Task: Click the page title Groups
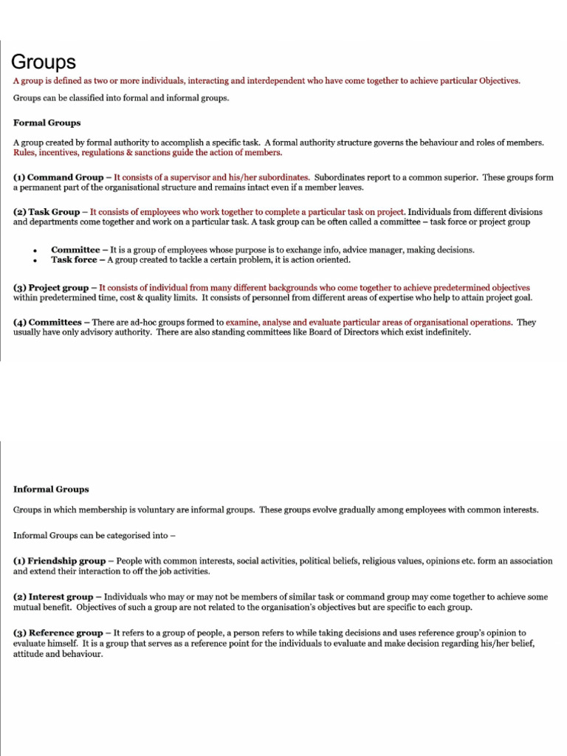[x=44, y=63]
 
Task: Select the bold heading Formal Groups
[x=47, y=123]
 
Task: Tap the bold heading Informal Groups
[x=51, y=489]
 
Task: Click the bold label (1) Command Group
[x=58, y=177]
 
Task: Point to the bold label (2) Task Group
[x=47, y=212]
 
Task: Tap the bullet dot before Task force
[x=35, y=261]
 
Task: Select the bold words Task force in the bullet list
[x=74, y=260]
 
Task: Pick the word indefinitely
[x=444, y=332]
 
